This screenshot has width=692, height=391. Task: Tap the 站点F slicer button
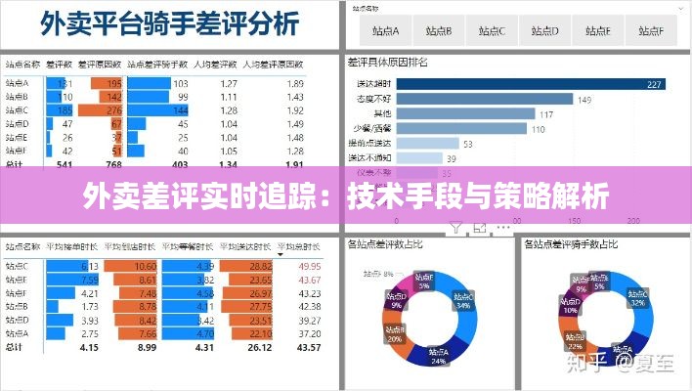pos(647,30)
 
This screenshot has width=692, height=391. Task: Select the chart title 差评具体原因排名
pos(388,63)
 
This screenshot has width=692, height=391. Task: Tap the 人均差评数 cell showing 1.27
pos(229,84)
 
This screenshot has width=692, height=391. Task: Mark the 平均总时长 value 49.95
pos(309,266)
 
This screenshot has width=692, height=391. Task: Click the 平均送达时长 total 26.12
pos(258,347)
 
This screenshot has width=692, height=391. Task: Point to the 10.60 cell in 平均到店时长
pos(144,266)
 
